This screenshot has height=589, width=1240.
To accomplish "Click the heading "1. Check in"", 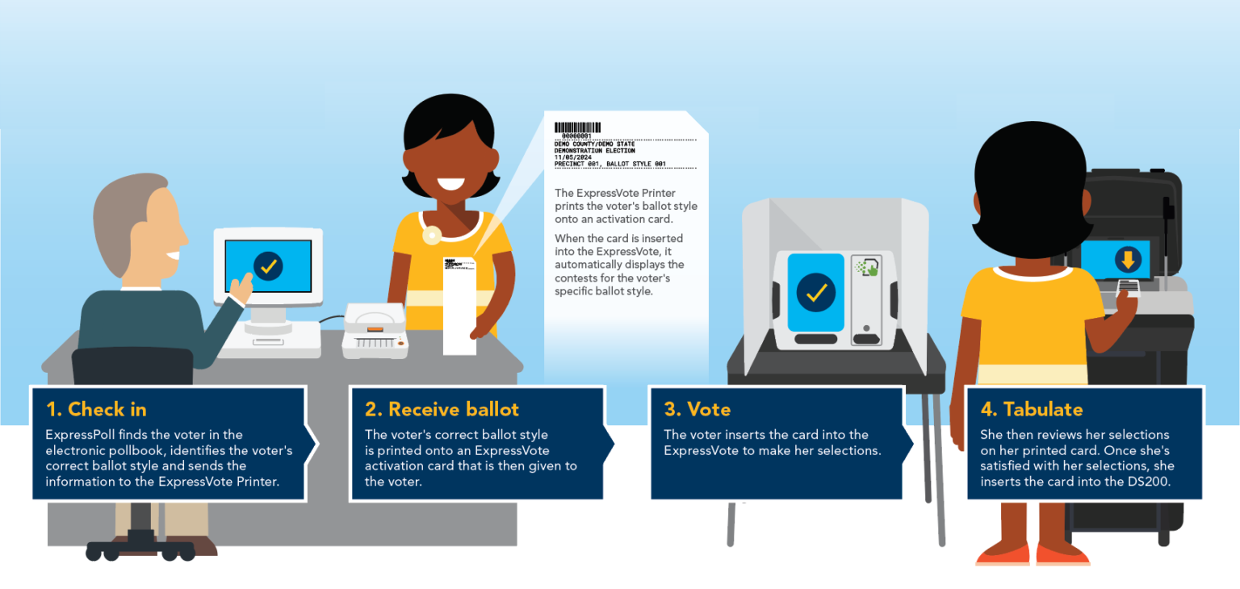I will click(x=96, y=409).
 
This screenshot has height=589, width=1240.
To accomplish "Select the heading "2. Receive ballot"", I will click(x=442, y=409).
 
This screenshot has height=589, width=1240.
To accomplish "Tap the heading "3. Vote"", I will click(x=697, y=409).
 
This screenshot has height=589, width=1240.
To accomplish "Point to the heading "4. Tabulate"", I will click(x=1032, y=409).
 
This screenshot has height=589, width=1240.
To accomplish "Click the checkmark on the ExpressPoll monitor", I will click(x=267, y=265).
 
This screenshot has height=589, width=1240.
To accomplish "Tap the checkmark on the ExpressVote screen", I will click(x=815, y=292).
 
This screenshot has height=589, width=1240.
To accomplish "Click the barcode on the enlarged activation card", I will click(x=577, y=127).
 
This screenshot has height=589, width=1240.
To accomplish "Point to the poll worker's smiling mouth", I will click(x=449, y=183).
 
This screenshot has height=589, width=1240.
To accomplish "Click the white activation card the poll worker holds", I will click(x=459, y=307).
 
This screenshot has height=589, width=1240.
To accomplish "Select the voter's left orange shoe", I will click(x=1002, y=555).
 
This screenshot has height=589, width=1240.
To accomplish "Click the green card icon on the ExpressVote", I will click(x=867, y=267).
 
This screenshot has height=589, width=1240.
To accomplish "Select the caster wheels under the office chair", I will click(x=141, y=551).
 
